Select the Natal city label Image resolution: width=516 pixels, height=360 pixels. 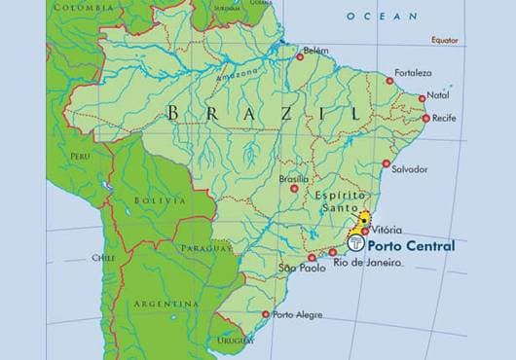click(439, 95)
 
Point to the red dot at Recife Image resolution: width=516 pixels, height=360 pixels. click(426, 119)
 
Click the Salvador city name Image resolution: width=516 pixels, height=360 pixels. click(408, 169)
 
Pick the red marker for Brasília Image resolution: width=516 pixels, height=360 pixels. click(295, 188)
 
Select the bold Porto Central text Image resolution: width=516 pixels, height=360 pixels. click(413, 246)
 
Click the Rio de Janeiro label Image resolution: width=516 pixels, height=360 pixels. click(367, 262)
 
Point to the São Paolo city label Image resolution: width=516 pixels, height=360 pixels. click(300, 268)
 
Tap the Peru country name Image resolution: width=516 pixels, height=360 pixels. click(80, 156)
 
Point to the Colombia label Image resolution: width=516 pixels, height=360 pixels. click(83, 7)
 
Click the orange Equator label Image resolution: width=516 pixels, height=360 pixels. click(444, 40)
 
